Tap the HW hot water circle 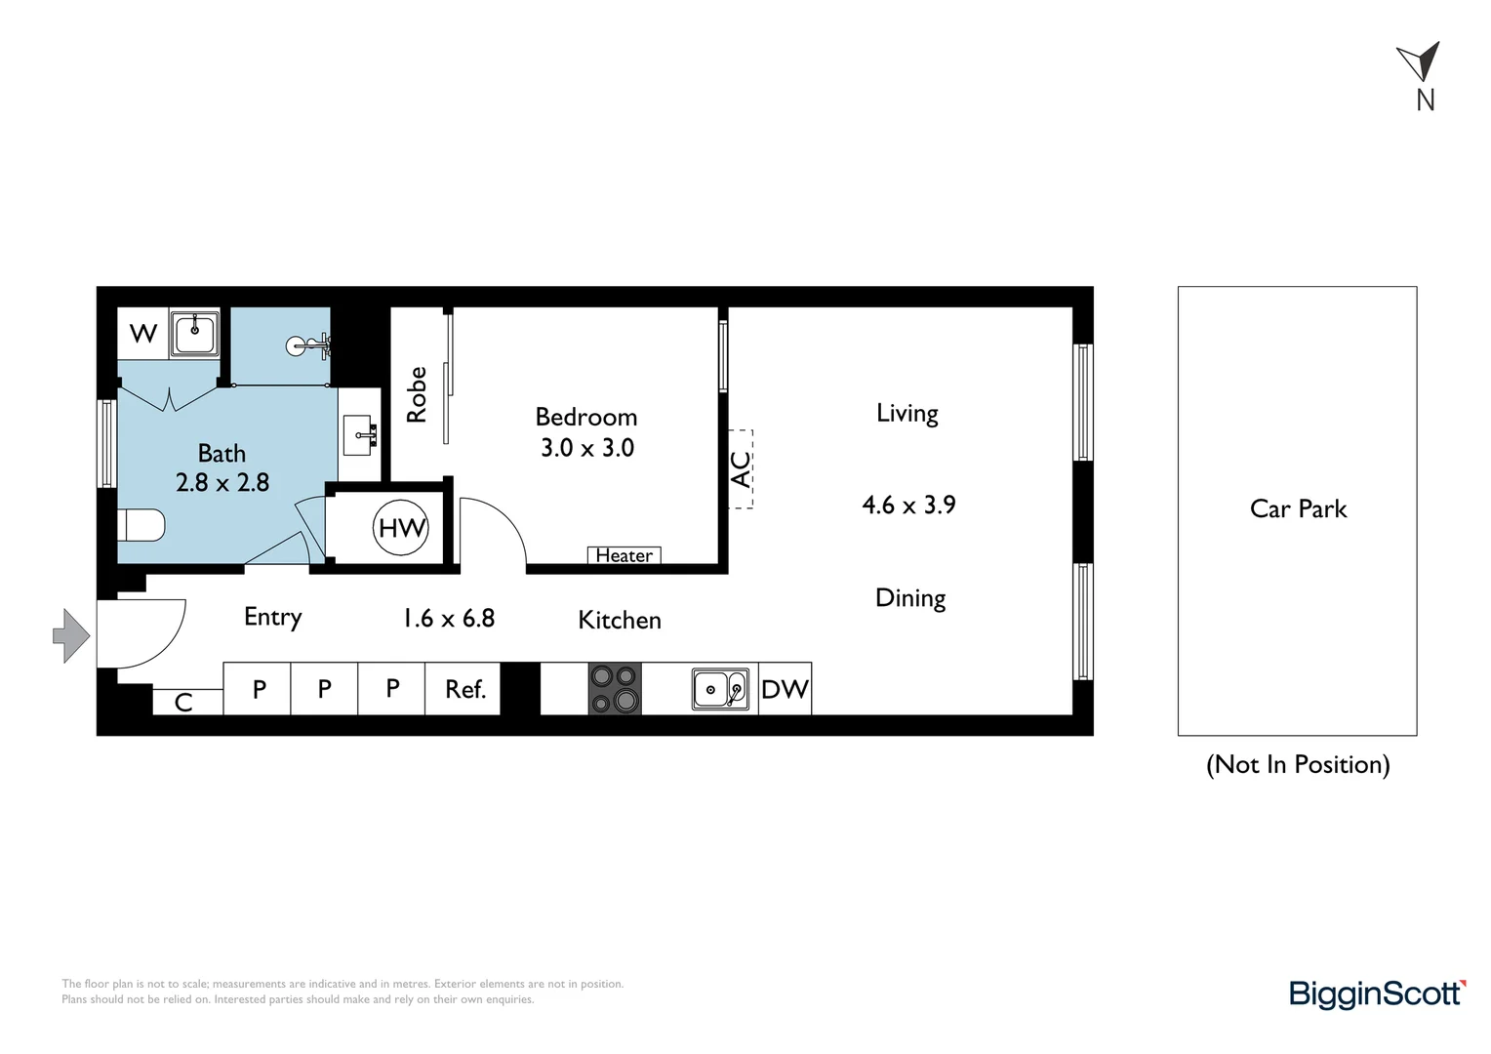(x=401, y=528)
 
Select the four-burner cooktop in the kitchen (x=615, y=689)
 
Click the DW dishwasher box (x=785, y=689)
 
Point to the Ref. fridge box (x=464, y=689)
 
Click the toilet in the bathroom (x=141, y=526)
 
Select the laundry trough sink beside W (x=194, y=334)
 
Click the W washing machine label (x=142, y=334)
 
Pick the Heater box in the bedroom (x=625, y=555)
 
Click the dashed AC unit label (x=741, y=469)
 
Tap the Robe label (x=417, y=394)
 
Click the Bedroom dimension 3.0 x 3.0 (x=587, y=448)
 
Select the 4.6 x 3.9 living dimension (x=908, y=505)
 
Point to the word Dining (x=910, y=597)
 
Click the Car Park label (x=1298, y=508)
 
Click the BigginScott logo (x=1377, y=993)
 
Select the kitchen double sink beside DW (x=720, y=689)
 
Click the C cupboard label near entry (x=183, y=702)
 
